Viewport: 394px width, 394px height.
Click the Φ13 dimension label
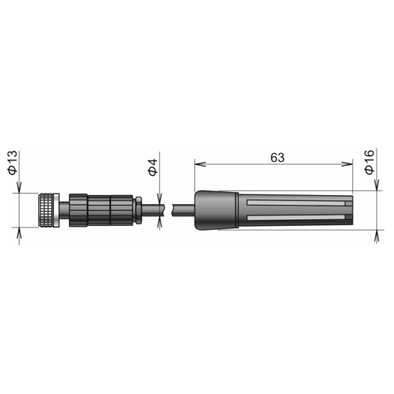[x=12, y=163]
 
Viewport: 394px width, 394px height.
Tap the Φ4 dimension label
[x=152, y=167]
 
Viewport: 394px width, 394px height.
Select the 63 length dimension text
[x=277, y=158]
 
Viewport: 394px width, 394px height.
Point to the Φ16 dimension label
[x=369, y=162]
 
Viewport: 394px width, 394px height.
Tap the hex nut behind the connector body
[x=139, y=210]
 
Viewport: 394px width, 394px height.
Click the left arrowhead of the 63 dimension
[x=200, y=164]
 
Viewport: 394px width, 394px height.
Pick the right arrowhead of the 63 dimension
[x=347, y=164]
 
